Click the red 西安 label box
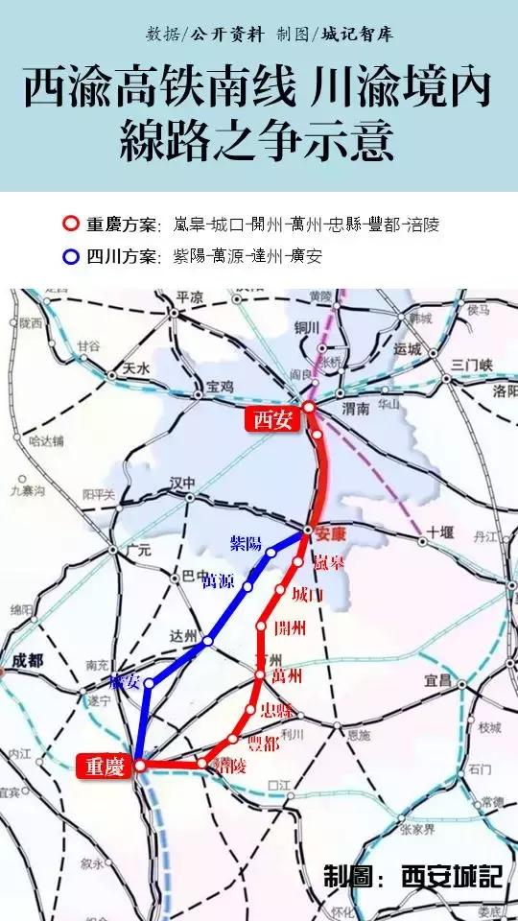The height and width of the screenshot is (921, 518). (x=272, y=418)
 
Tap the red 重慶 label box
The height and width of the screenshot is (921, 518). (x=102, y=765)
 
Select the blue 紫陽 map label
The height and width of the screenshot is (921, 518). (x=247, y=544)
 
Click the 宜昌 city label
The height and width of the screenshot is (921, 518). (x=438, y=680)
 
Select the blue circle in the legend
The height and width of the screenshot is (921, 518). (x=70, y=256)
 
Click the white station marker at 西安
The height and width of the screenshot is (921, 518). (x=309, y=408)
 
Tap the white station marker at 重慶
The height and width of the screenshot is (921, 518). (x=140, y=766)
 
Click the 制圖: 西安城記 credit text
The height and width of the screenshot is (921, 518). (x=412, y=876)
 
